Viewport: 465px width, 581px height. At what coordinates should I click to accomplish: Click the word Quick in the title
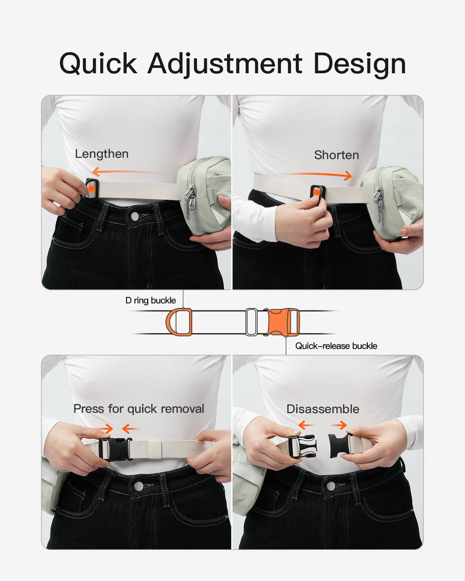point(98,64)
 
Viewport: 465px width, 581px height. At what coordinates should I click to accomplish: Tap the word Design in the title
point(359,64)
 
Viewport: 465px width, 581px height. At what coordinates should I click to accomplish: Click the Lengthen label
point(102,154)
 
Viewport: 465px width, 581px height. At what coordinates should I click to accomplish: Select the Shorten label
point(337,155)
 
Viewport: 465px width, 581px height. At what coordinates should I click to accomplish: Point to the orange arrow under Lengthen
point(126,171)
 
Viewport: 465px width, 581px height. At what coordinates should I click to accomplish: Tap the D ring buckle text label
point(151,300)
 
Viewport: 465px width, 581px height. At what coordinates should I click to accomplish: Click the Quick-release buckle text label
point(336,346)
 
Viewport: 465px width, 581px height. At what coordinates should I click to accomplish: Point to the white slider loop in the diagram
point(252,322)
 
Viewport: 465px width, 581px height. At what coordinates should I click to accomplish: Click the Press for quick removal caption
point(139,408)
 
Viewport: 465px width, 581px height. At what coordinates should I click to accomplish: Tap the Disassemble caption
point(323,409)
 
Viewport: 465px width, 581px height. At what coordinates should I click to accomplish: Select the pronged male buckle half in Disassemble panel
point(302,446)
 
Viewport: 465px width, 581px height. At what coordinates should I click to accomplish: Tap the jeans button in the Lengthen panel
point(135,216)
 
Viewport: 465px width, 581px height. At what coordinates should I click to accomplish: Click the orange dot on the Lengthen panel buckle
point(91,188)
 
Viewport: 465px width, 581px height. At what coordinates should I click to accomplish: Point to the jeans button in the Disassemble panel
point(330,486)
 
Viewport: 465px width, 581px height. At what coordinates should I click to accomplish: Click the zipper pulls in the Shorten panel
point(378,205)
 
